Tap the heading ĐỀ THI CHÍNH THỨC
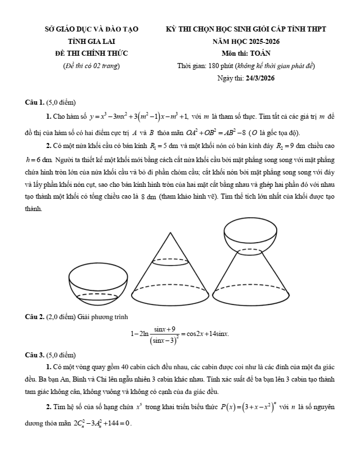tap(91, 53)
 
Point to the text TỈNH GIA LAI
tap(91, 41)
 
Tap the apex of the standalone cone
tap(170, 232)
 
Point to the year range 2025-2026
tap(259, 41)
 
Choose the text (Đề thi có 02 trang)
tap(91, 66)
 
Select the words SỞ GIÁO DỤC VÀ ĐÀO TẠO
tap(91, 29)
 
